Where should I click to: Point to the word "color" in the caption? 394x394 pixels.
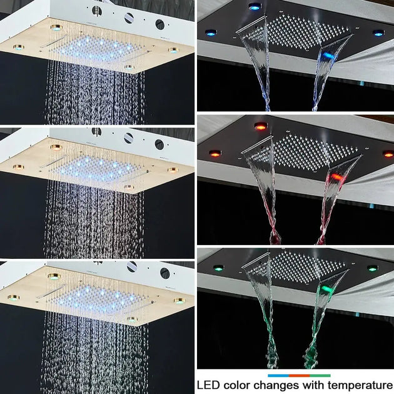(x=240, y=385)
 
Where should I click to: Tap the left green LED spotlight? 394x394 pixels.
(x=218, y=268)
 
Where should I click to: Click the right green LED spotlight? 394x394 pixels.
(x=372, y=268)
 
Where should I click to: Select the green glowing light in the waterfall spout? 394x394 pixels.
(x=325, y=288)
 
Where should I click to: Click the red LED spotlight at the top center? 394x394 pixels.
(x=260, y=126)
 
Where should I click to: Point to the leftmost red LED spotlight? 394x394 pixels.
(x=215, y=153)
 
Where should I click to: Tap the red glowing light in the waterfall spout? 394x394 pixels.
(x=335, y=177)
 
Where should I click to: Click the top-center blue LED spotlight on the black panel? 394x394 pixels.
(x=254, y=7)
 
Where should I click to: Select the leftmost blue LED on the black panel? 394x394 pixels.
(x=209, y=33)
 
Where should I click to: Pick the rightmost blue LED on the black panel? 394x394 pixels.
(x=378, y=33)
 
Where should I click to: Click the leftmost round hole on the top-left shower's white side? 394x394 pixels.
(x=97, y=10)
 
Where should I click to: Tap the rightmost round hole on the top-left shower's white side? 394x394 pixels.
(x=159, y=24)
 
